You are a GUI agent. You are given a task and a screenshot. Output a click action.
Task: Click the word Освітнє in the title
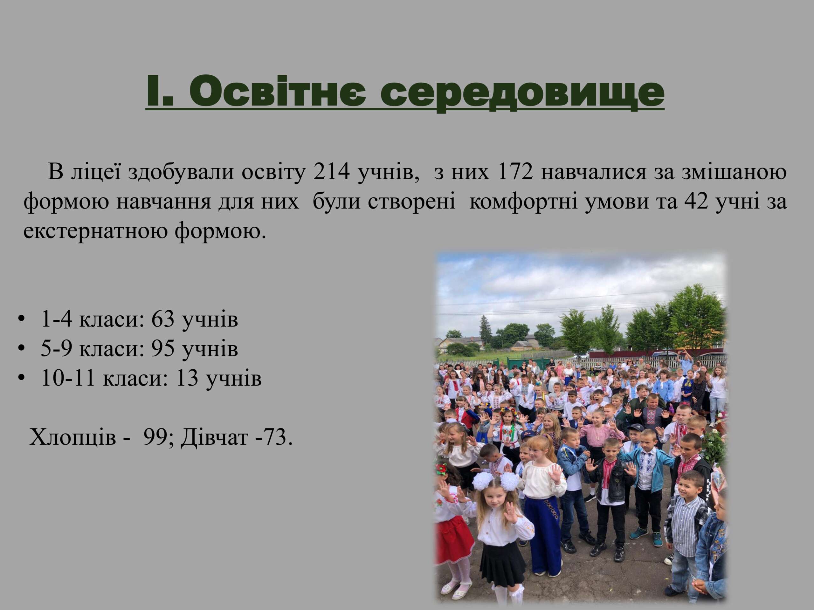(x=278, y=91)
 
